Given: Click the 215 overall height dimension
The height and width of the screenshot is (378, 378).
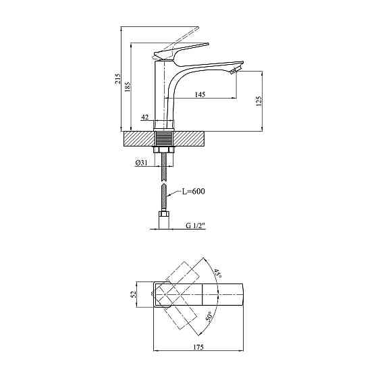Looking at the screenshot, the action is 117,78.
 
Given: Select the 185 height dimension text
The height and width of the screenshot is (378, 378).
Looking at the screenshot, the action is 128,86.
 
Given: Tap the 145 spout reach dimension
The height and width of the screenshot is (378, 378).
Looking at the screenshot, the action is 200,94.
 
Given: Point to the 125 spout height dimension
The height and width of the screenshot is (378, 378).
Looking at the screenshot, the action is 259,101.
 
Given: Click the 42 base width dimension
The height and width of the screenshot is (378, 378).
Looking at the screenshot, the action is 144,117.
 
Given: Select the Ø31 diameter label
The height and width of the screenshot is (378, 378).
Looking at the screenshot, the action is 141,163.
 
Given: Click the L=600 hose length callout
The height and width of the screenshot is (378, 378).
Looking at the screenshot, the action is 193,192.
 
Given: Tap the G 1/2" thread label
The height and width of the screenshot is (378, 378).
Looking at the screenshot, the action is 196,225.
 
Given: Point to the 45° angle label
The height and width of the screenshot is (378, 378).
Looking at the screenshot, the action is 217,274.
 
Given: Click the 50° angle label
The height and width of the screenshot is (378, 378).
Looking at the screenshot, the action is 209,317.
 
